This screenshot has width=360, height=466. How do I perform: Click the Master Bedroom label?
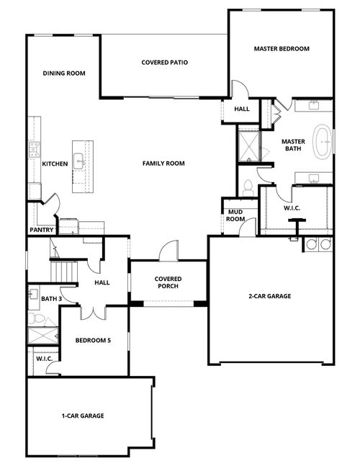[x=282, y=49]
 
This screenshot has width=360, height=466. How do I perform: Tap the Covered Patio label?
[x=164, y=63]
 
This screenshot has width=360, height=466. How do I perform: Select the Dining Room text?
[x=64, y=73]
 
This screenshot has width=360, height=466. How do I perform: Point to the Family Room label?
[x=163, y=163]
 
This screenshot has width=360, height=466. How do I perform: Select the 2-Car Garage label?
[x=269, y=295]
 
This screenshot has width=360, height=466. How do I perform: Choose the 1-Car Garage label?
[x=83, y=416]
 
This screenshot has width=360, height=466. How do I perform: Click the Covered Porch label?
[x=168, y=282]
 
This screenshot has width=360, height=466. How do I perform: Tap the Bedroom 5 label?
[x=93, y=340]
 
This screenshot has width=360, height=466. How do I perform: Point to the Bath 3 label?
[x=51, y=298]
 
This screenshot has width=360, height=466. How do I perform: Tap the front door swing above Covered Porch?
[x=167, y=251]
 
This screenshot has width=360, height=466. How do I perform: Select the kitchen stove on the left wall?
[x=33, y=150]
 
